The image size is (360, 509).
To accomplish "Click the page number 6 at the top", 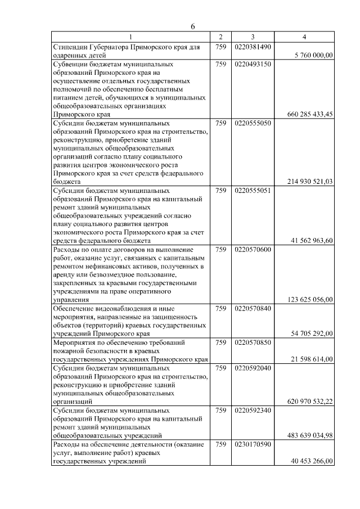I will click(x=192, y=26).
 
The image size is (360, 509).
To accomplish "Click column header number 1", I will click(x=130, y=37).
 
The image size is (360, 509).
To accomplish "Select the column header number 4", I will click(x=304, y=37).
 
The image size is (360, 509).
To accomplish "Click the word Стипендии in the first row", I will click(x=70, y=47).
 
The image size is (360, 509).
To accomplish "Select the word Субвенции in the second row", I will click(x=70, y=64).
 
